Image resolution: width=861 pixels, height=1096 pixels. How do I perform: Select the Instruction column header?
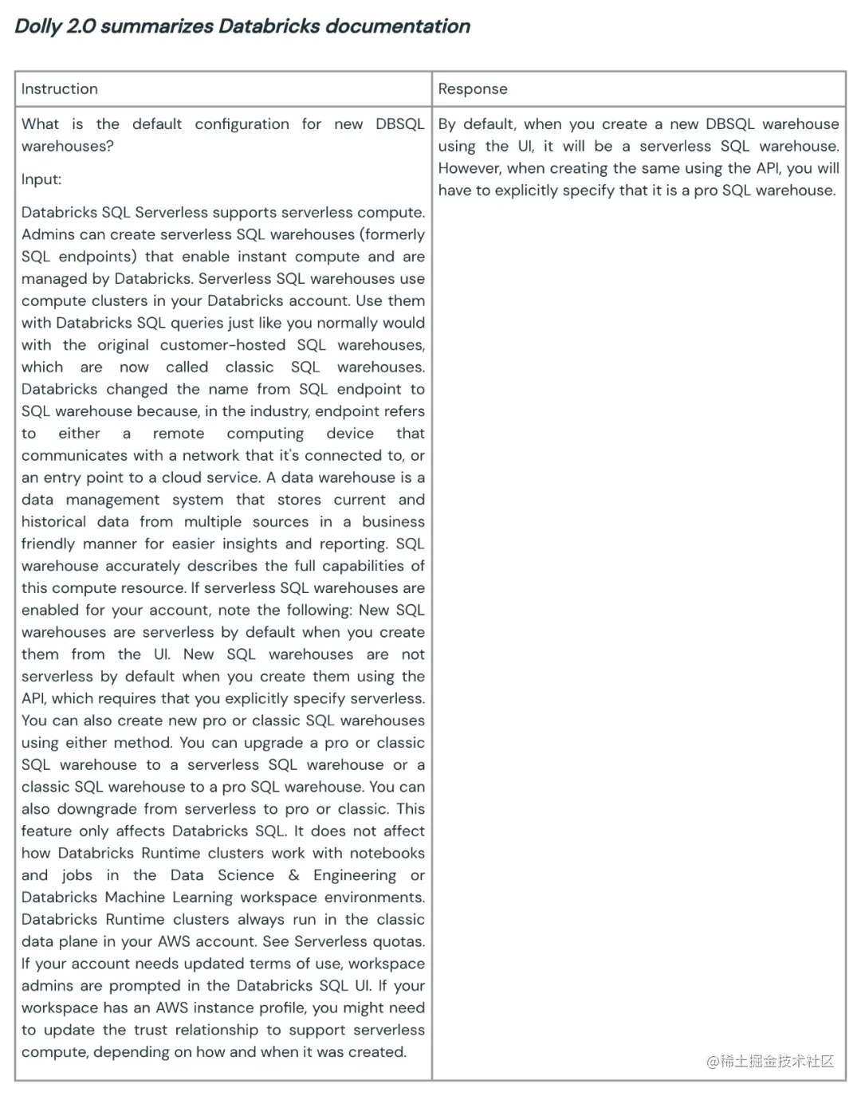click(60, 89)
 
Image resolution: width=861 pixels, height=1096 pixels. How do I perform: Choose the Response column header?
click(473, 89)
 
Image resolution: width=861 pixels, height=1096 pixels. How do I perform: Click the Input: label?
click(41, 179)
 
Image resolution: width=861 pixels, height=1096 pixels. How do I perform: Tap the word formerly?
click(394, 234)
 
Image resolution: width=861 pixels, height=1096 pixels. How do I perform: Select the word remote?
click(179, 434)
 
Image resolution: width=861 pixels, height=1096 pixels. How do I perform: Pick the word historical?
click(53, 522)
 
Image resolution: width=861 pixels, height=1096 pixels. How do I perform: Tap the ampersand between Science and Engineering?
click(294, 875)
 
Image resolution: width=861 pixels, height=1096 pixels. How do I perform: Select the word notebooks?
click(387, 853)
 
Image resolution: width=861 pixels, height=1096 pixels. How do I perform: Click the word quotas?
click(401, 941)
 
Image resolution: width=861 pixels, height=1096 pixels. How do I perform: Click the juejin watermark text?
click(770, 1061)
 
